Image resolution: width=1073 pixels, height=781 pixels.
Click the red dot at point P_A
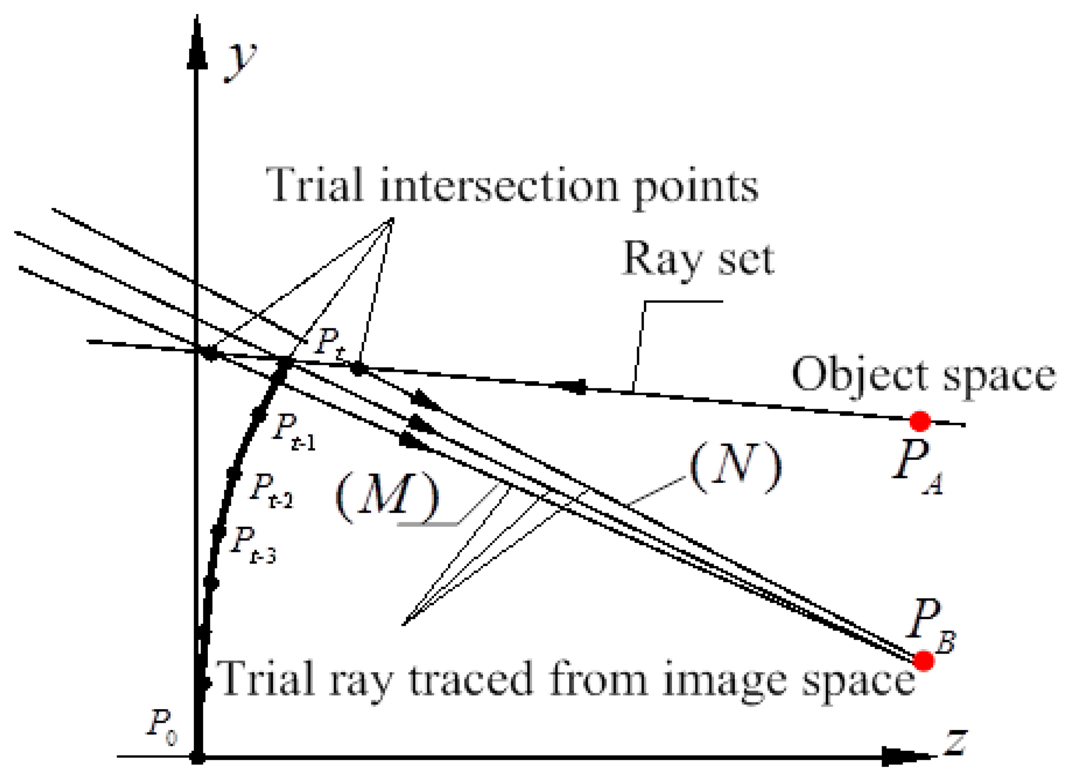tap(920, 421)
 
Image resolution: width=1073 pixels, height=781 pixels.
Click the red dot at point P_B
tap(924, 661)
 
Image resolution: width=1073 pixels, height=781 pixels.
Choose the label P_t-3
tap(253, 544)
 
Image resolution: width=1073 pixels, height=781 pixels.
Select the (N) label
tap(735, 465)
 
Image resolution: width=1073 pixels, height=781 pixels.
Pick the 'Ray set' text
tap(698, 259)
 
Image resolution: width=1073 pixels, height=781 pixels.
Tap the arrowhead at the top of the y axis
tap(197, 42)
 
